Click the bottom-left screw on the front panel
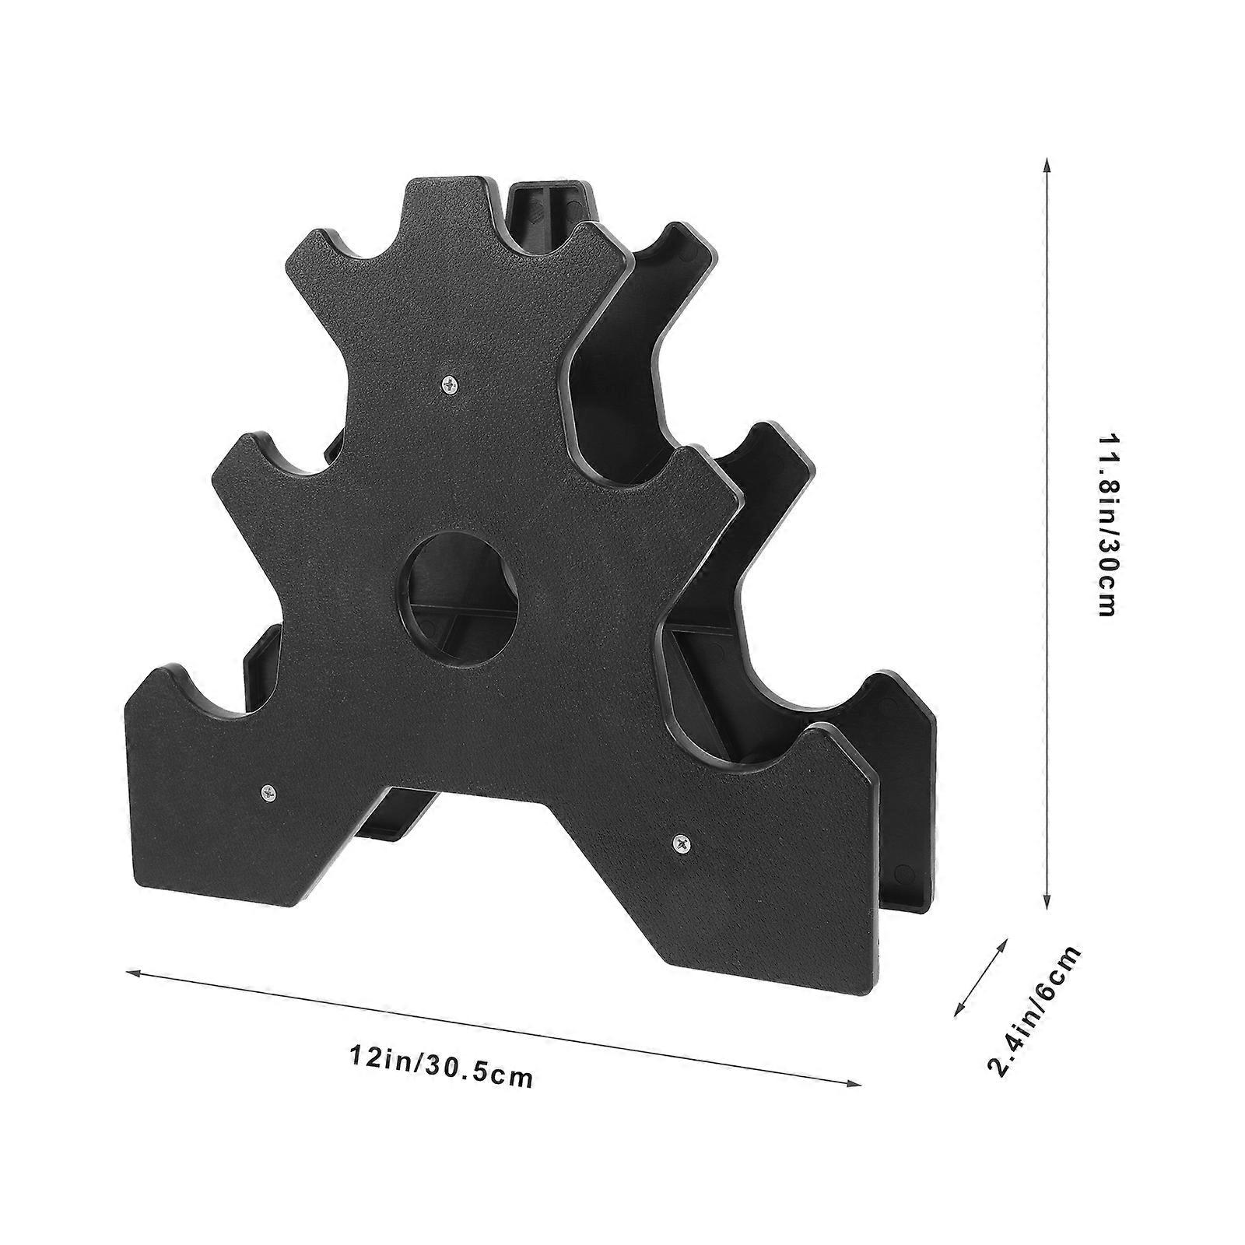269,792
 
